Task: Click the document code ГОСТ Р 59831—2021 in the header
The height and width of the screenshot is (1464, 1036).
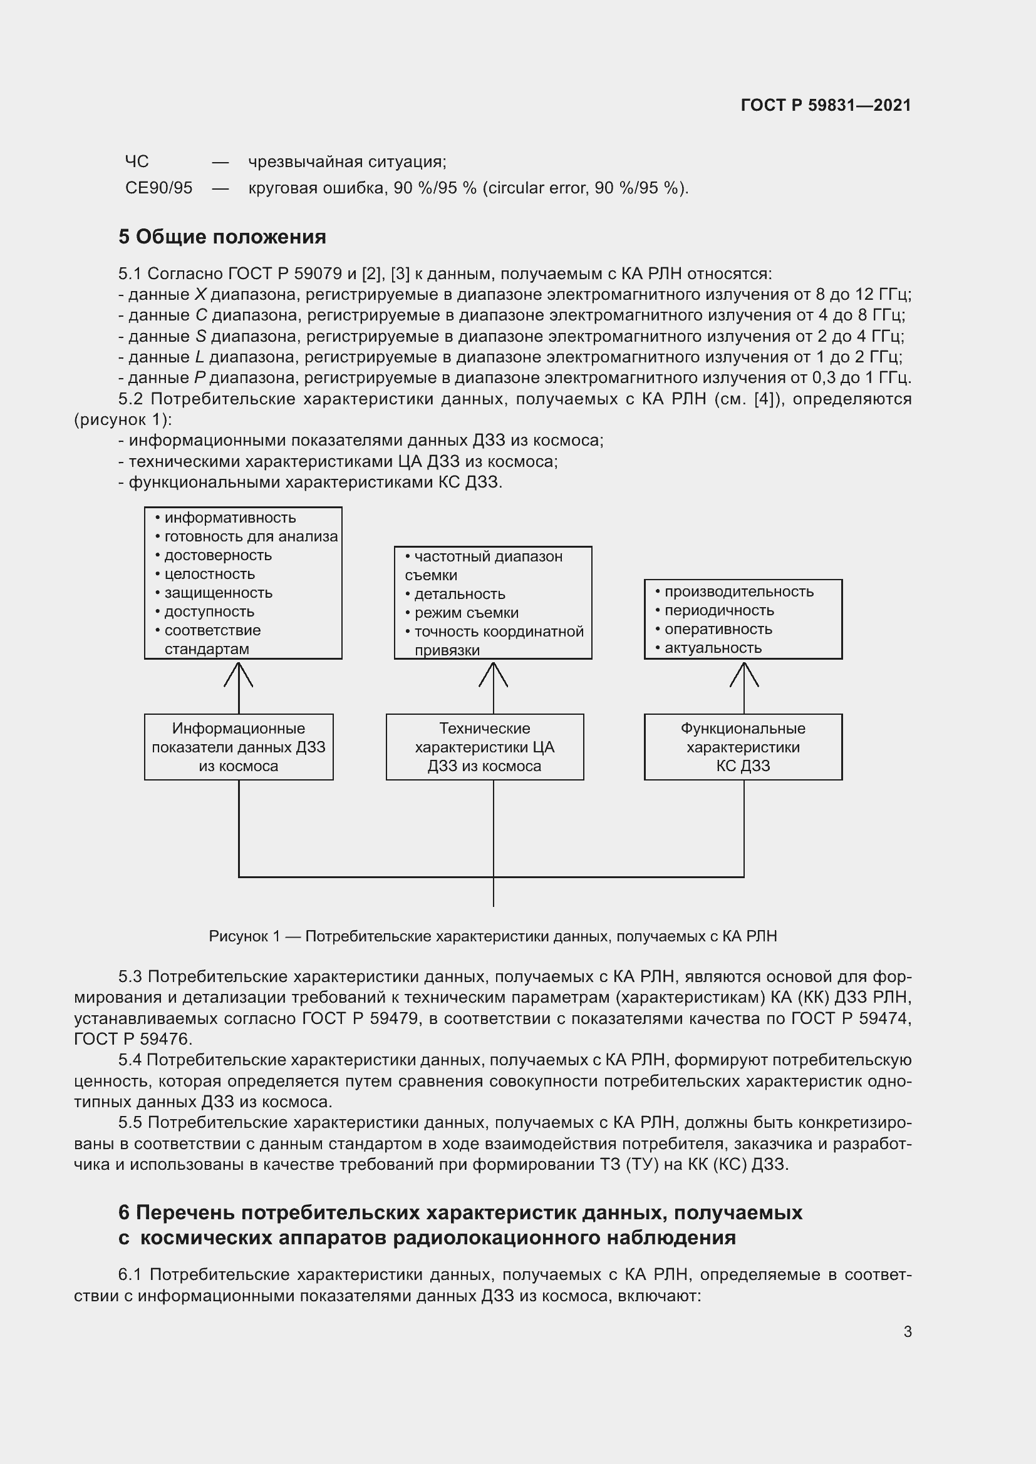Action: click(x=826, y=105)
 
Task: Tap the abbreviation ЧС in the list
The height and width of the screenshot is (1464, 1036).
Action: click(x=137, y=162)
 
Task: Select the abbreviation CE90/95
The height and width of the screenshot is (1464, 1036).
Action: click(x=158, y=188)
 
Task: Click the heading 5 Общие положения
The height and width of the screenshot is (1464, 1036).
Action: click(x=222, y=237)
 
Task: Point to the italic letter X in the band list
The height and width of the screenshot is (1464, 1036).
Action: click(x=200, y=295)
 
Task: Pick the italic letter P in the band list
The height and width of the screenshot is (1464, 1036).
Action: click(x=199, y=378)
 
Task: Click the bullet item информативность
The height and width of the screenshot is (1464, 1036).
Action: click(x=230, y=518)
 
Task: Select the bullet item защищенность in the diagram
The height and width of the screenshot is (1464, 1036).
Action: click(x=218, y=593)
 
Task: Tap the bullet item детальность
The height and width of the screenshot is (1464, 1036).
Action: click(x=459, y=594)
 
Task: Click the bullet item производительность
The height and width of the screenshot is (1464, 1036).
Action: click(x=738, y=591)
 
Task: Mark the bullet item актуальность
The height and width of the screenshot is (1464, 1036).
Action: click(x=713, y=648)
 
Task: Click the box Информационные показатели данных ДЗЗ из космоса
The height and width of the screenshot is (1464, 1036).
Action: click(x=239, y=747)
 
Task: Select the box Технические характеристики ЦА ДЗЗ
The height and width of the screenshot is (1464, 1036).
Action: click(x=484, y=747)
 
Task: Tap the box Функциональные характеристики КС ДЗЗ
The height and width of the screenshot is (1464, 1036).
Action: click(x=743, y=747)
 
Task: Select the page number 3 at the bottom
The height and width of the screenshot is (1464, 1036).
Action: click(x=907, y=1331)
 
